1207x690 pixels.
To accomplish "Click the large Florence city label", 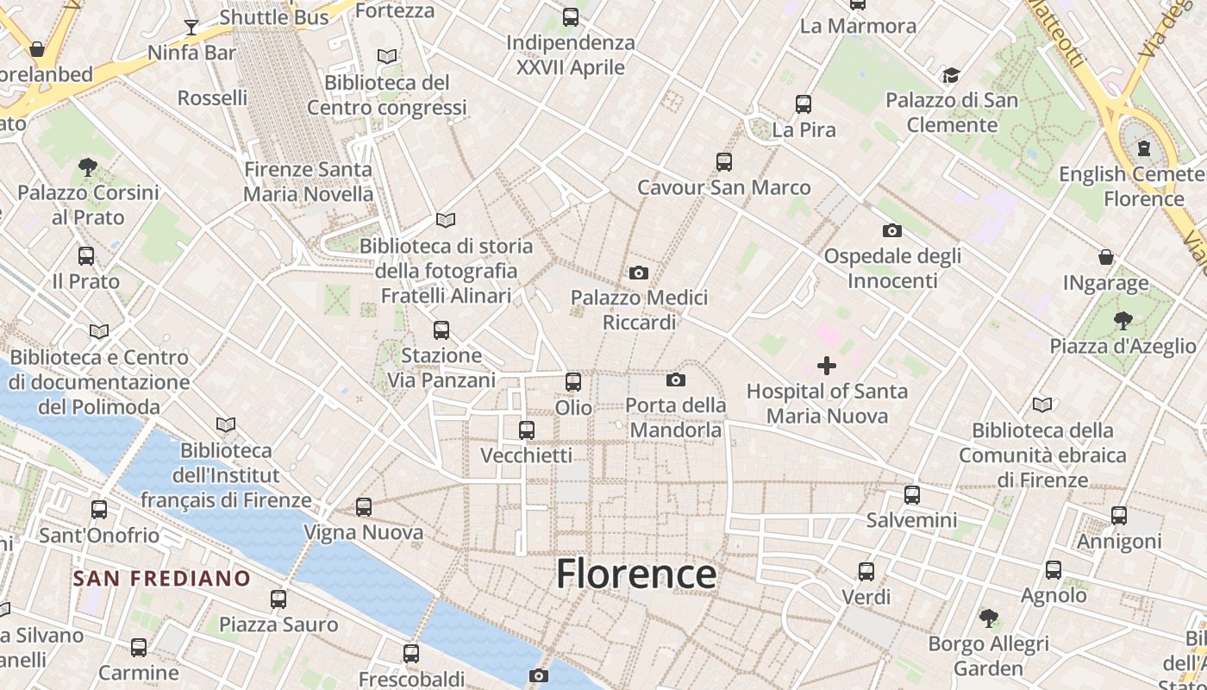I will tap(636, 574).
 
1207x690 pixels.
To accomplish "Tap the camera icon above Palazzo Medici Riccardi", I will tap(638, 273).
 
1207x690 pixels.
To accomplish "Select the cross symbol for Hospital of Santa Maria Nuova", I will tap(826, 366).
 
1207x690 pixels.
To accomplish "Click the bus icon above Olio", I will tap(573, 381).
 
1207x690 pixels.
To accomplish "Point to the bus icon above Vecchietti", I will tap(526, 430).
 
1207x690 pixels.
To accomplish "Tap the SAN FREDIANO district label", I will tap(161, 578).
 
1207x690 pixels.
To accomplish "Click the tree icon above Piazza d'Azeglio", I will tap(1123, 321).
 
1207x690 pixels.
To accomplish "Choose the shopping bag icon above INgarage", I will tap(1105, 257).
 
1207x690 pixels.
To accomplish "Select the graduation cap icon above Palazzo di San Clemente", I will tap(951, 75).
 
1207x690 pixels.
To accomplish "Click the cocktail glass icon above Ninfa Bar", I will tap(191, 28).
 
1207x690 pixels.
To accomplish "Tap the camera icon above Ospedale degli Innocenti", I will tap(892, 230).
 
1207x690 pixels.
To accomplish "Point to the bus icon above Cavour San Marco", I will tap(723, 161).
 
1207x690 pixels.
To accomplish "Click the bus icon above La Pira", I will tap(804, 104).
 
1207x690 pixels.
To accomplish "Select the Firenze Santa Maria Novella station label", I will tap(308, 182).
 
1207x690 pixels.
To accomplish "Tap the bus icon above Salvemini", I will tap(911, 495).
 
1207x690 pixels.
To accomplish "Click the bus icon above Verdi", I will tap(866, 571).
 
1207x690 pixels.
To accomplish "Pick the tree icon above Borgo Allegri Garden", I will tap(988, 618).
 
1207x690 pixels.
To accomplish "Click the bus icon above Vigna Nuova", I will tap(363, 507).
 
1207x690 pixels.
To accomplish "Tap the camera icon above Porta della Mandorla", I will tap(676, 379).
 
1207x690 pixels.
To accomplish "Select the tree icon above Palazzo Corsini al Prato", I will tap(87, 166).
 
